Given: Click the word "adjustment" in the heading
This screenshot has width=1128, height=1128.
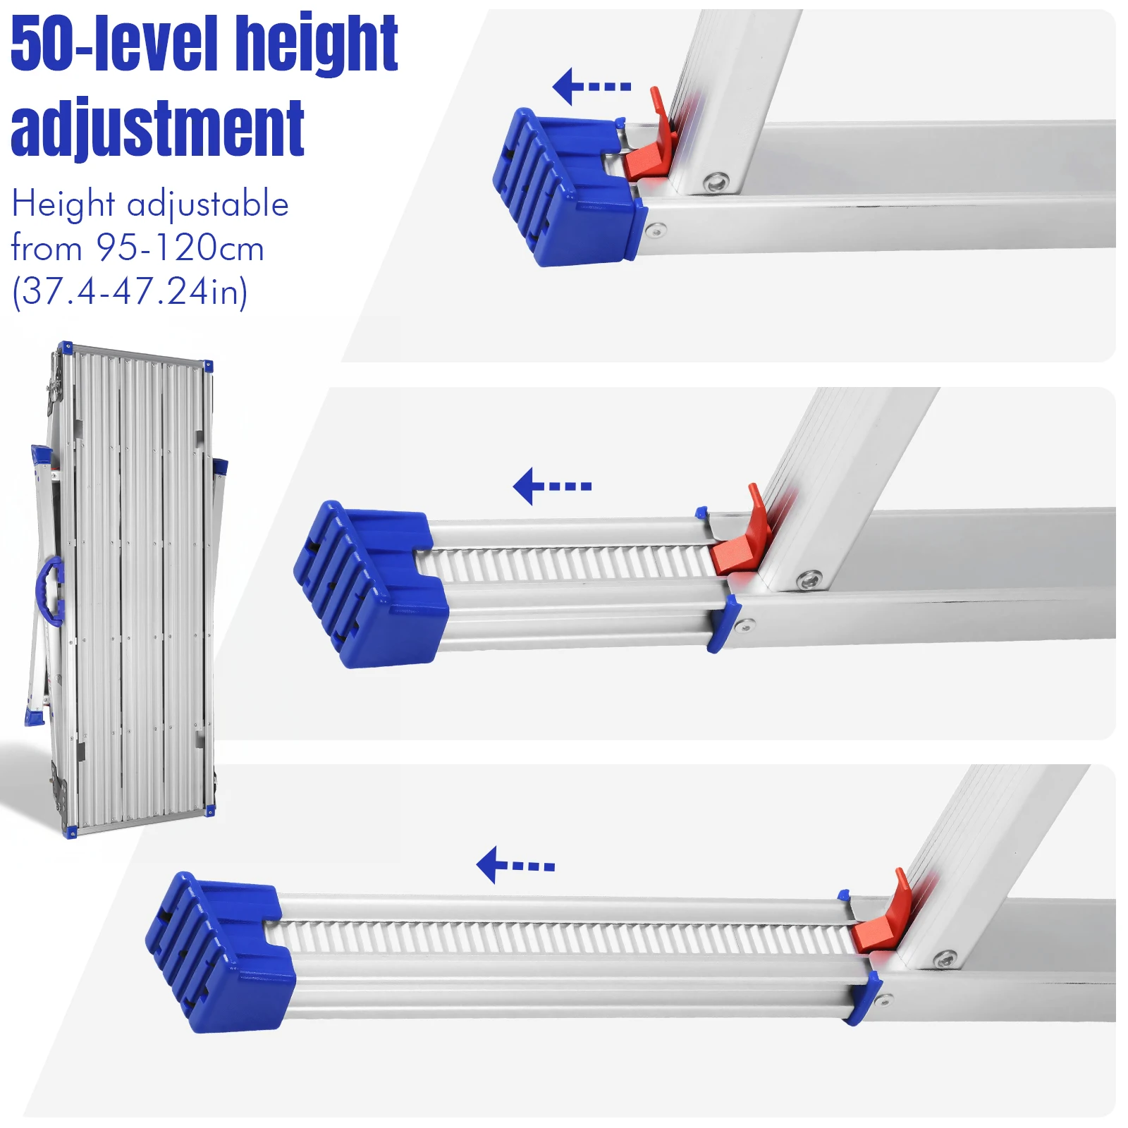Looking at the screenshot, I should (x=157, y=128).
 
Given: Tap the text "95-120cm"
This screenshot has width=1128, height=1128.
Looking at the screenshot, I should (x=180, y=247).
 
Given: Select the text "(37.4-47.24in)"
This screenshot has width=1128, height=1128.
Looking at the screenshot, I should (x=130, y=291).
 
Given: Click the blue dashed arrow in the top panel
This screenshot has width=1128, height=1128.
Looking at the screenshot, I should (x=591, y=86).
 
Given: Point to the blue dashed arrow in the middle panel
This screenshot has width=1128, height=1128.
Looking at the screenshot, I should (x=551, y=486).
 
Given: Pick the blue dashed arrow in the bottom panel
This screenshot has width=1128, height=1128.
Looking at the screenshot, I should (x=515, y=865).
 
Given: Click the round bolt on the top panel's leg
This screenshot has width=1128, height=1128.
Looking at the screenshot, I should (x=716, y=182).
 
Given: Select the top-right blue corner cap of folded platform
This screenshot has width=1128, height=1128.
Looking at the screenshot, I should (x=208, y=366).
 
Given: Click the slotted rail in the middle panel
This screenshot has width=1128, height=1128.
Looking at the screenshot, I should (x=564, y=564).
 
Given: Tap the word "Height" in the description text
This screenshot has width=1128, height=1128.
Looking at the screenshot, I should (x=63, y=204).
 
